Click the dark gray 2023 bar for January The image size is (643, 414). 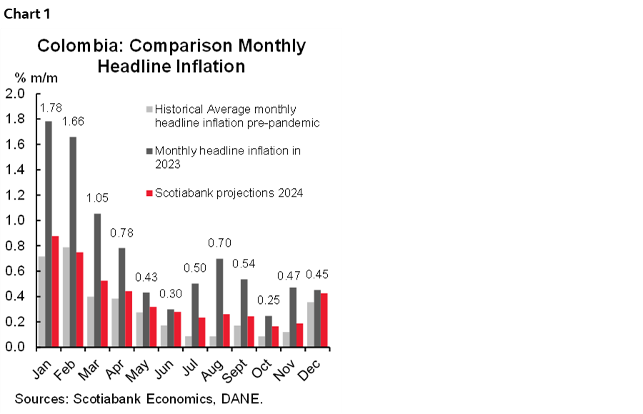pyautogui.click(x=48, y=234)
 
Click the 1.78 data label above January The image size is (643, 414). pyautogui.click(x=50, y=109)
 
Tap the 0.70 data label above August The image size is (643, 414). pyautogui.click(x=218, y=243)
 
